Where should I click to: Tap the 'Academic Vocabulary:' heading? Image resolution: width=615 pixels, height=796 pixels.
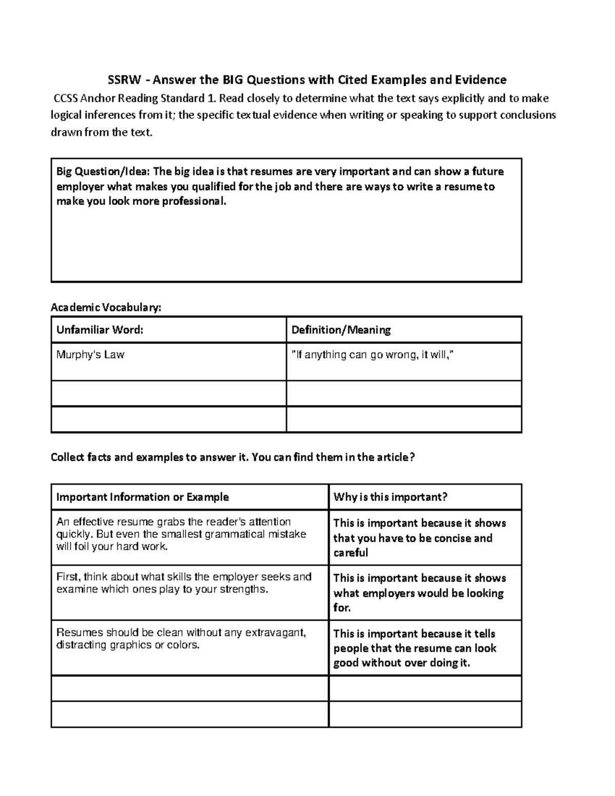coord(106,308)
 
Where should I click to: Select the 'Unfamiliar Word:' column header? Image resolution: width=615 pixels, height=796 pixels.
coord(99,330)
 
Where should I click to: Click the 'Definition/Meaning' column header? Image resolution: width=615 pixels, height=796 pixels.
coord(341,330)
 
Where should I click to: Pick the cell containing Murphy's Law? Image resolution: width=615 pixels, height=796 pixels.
coord(90,355)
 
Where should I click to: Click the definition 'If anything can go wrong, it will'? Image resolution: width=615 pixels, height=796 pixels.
coord(373,355)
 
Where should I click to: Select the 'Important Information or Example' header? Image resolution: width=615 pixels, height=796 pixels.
coord(142,497)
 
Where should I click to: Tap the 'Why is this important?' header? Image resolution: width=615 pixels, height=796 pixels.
coord(390,497)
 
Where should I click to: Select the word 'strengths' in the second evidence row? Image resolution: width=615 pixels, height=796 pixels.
coord(243,589)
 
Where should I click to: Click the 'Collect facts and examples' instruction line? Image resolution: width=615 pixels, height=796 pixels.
coord(232,457)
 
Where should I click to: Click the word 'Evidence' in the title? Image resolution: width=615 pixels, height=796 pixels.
coord(481,80)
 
